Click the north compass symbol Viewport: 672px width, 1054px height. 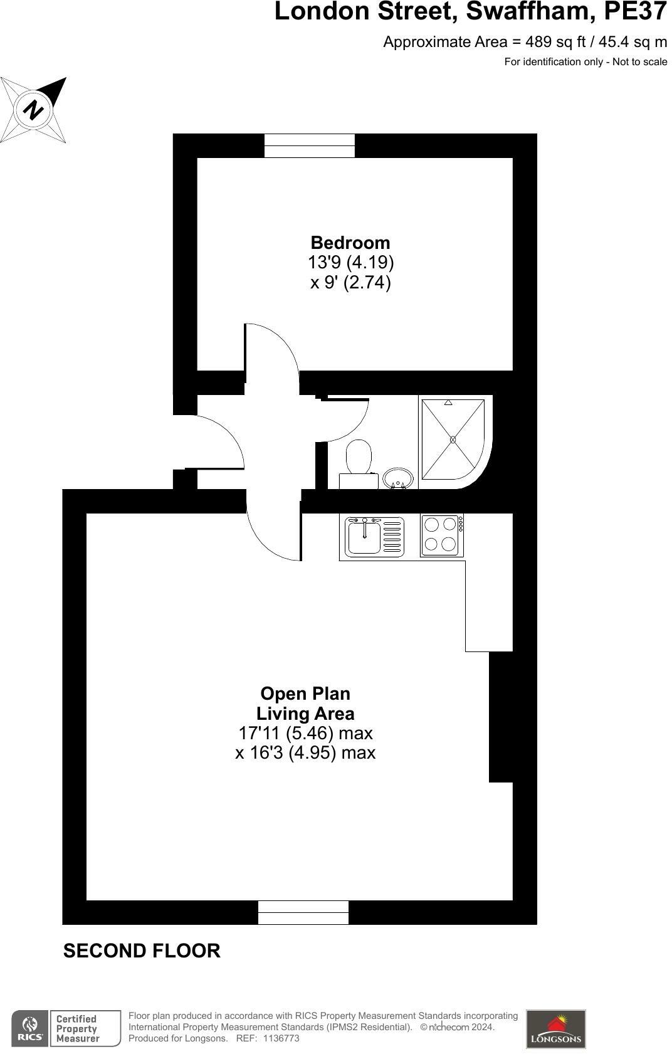pos(34,110)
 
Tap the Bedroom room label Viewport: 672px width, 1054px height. pos(350,243)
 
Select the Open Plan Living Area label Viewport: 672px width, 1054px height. pos(305,704)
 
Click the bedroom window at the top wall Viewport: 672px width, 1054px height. pos(309,145)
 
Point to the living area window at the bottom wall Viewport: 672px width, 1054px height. pos(303,912)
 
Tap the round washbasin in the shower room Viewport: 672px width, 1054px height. pos(397,478)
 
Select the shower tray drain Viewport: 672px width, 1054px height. pos(453,440)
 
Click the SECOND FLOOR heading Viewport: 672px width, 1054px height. pos(142,951)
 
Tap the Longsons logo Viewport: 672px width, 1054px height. pos(555,1029)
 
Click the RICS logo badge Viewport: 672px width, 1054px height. pos(29,1028)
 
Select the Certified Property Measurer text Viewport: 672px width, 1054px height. pos(77,1029)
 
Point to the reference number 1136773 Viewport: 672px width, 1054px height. pos(281,1038)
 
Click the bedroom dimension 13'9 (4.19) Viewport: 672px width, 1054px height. pos(350,262)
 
